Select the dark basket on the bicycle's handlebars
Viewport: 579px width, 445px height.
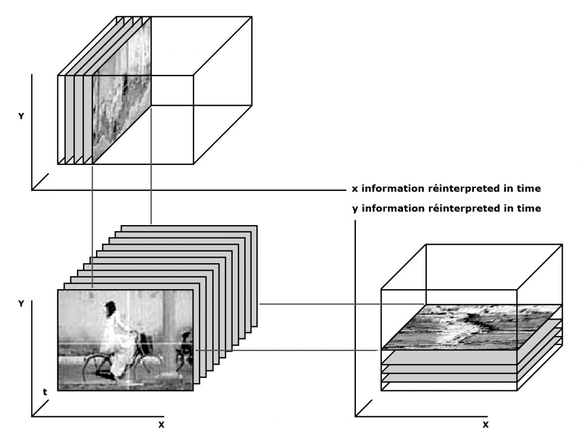coord(146,342)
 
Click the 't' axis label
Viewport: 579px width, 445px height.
coord(45,392)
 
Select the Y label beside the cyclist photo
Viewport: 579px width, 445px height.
coord(21,303)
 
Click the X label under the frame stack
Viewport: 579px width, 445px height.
coord(161,424)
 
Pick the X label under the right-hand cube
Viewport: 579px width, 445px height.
coord(485,424)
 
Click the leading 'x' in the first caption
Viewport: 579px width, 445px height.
coord(355,189)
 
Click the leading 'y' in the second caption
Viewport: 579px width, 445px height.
coord(355,209)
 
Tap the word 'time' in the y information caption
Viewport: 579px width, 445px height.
coord(530,209)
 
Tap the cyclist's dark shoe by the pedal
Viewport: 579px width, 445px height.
coord(103,374)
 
